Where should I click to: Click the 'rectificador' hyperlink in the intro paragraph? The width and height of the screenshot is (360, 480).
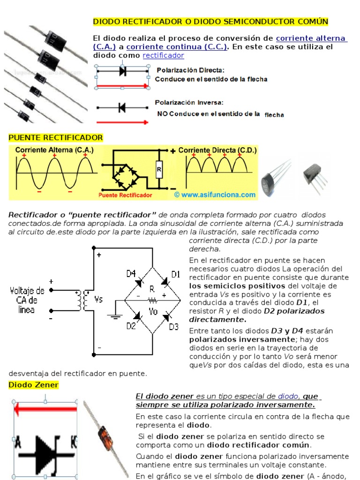click(163, 55)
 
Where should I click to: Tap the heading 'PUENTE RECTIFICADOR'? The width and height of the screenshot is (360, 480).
click(56, 137)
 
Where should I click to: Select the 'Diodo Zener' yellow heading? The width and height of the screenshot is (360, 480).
click(34, 385)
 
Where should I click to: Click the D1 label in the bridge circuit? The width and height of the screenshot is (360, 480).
click(175, 275)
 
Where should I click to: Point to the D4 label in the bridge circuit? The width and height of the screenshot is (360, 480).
click(131, 273)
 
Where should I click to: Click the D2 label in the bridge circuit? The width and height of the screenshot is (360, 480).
click(131, 326)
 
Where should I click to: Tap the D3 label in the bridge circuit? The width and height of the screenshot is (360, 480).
click(174, 326)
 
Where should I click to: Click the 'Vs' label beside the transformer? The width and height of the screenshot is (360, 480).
click(98, 299)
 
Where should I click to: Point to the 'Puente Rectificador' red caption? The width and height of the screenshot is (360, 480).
click(126, 195)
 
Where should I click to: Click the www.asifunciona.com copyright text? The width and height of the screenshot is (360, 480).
click(215, 195)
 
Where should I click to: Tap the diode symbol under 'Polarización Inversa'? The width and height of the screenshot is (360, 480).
click(122, 108)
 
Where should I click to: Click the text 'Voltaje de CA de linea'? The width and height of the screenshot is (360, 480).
click(27, 300)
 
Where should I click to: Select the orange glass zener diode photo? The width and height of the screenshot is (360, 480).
click(106, 438)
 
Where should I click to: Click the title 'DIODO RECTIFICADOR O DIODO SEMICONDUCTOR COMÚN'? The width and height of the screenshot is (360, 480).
click(211, 22)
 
